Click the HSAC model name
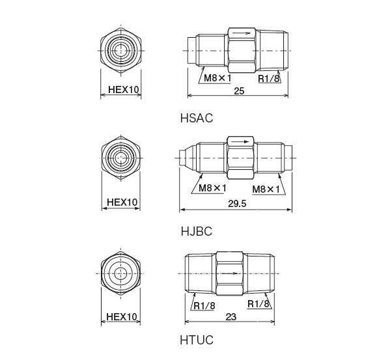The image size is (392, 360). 196,119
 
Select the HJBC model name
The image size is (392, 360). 196,230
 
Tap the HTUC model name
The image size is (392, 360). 196,339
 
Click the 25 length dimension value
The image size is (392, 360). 238,90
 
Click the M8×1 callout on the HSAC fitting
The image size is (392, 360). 218,78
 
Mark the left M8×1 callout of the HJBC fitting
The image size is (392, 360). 212,188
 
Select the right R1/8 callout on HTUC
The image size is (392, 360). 259,304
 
